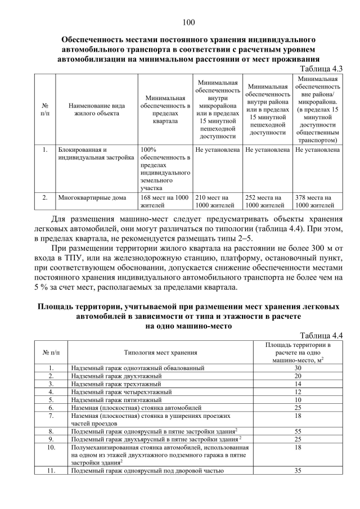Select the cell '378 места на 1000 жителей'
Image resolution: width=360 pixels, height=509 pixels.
point(318,201)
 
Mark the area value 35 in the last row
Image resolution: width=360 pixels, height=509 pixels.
point(299,471)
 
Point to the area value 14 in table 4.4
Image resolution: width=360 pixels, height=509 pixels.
point(299,383)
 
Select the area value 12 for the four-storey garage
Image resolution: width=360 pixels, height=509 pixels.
point(299,391)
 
